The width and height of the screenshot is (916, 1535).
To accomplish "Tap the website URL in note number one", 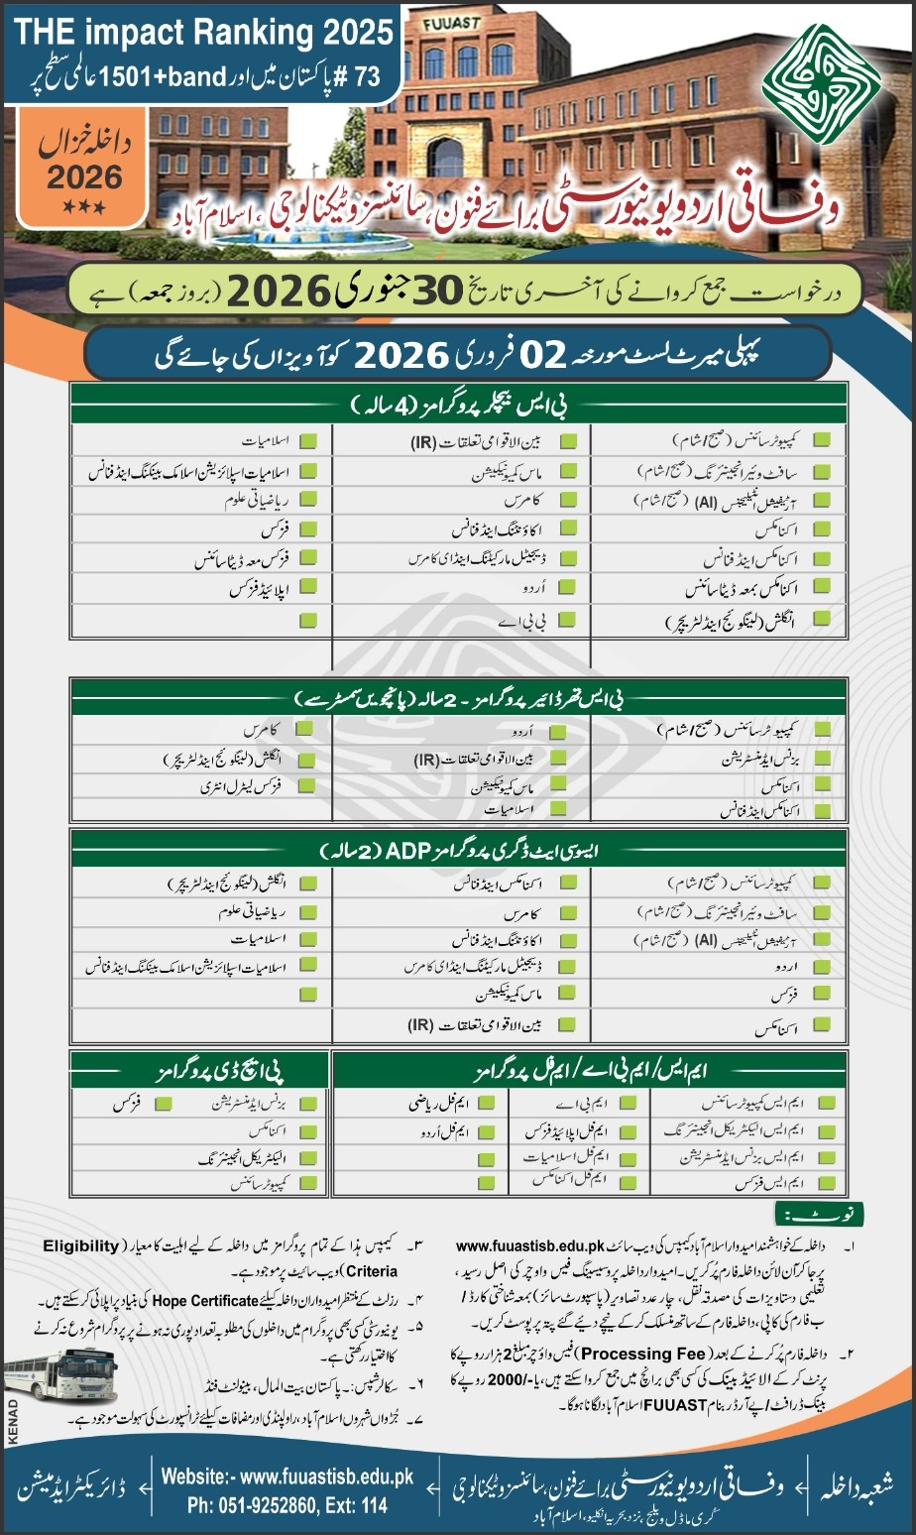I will tap(530, 1244).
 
